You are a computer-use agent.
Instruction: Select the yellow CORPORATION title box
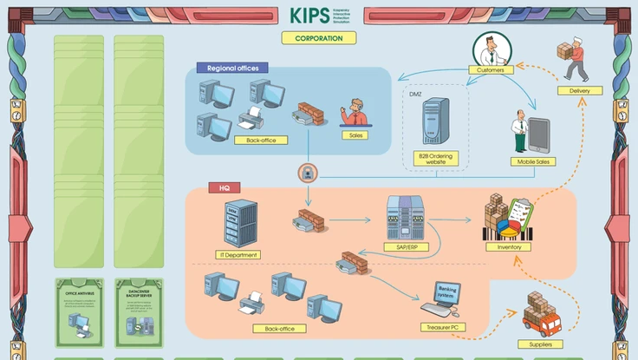tap(318, 38)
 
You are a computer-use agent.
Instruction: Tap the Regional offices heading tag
tap(233, 68)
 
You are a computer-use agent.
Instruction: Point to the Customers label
tap(491, 69)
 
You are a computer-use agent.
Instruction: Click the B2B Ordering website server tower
tap(435, 121)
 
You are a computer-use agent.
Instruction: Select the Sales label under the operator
tap(355, 135)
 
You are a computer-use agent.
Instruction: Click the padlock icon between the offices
tap(306, 172)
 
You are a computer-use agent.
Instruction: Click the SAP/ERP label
tap(405, 247)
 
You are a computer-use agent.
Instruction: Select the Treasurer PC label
tap(447, 327)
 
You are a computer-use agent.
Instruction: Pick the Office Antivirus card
tap(79, 311)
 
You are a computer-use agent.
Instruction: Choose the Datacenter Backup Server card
tap(140, 311)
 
